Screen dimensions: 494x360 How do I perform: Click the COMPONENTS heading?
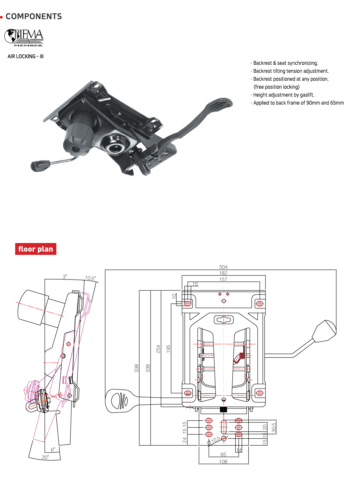(x=33, y=16)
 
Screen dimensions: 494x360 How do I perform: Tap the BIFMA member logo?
(x=24, y=37)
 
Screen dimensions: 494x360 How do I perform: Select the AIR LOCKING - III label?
(x=26, y=56)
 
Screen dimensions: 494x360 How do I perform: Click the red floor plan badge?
(x=35, y=249)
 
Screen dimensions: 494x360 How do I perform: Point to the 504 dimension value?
(x=223, y=267)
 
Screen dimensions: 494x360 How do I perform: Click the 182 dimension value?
(x=223, y=273)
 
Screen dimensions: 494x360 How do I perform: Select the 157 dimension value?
(x=223, y=279)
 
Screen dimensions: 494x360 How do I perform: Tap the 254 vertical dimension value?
(x=158, y=349)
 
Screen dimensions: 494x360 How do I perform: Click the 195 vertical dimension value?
(x=168, y=348)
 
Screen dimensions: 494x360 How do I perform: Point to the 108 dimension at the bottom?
(x=223, y=462)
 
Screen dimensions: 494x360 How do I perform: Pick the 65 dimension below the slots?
(x=223, y=455)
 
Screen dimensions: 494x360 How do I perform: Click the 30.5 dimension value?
(x=273, y=427)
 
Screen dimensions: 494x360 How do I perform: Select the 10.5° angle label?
(x=90, y=278)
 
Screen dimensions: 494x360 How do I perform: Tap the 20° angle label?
(x=45, y=457)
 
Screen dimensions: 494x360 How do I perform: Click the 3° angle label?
(x=65, y=277)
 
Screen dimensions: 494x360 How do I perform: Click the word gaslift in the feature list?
(x=306, y=95)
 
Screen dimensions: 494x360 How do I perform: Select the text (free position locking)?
(x=276, y=87)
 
